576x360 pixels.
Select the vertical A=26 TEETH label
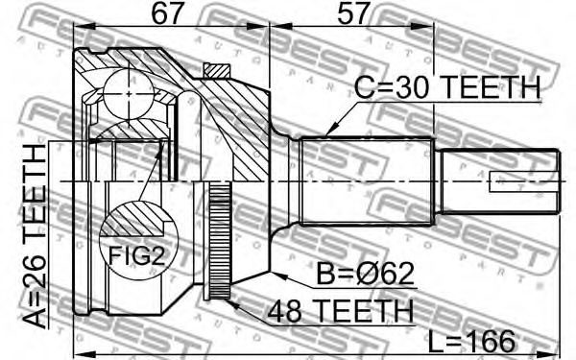pos(36,235)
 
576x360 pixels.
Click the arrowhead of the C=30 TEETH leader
pos(327,133)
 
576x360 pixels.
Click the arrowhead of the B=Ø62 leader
pos(276,273)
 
